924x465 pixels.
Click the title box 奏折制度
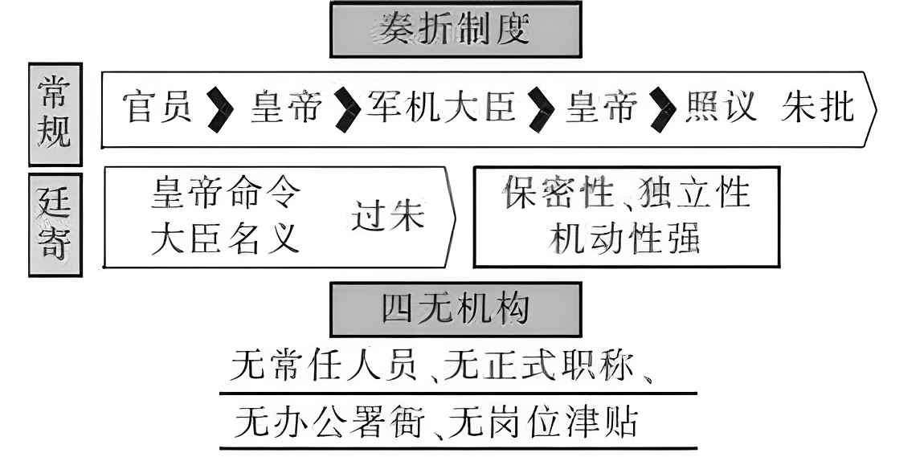(x=455, y=30)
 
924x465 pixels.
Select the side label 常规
(x=55, y=114)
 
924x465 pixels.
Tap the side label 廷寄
(x=55, y=224)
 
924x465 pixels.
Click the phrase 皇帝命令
(x=227, y=194)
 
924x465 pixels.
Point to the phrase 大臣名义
(x=226, y=239)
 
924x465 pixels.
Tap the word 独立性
(x=696, y=194)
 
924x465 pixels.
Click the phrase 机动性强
(x=625, y=239)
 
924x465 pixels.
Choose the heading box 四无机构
(x=455, y=309)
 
